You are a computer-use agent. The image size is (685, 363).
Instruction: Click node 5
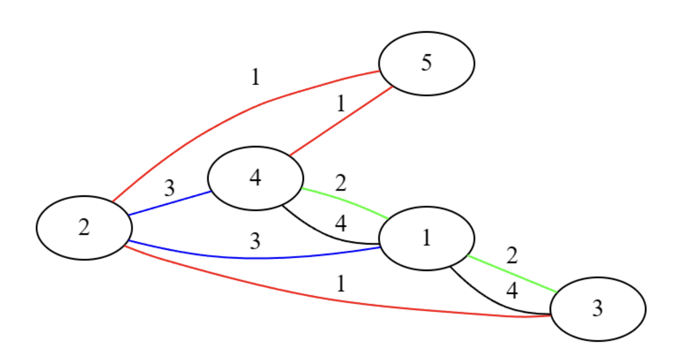click(427, 63)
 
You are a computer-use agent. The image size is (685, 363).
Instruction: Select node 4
click(255, 178)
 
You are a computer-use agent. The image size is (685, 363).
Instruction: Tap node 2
click(84, 227)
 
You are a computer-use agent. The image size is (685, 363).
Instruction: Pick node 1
click(427, 238)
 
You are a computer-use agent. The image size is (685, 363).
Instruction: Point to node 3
click(598, 309)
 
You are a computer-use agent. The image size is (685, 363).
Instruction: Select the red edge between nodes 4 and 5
click(341, 122)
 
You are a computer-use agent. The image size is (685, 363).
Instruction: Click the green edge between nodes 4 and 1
click(346, 201)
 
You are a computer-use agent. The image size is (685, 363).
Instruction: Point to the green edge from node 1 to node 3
click(512, 274)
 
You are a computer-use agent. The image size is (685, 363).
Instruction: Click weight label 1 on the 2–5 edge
click(255, 78)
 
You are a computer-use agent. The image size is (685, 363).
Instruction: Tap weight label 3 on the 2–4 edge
click(170, 188)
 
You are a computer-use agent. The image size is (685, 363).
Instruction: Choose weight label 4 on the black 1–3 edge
click(512, 291)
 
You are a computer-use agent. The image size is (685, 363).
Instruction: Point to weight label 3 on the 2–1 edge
click(255, 241)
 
